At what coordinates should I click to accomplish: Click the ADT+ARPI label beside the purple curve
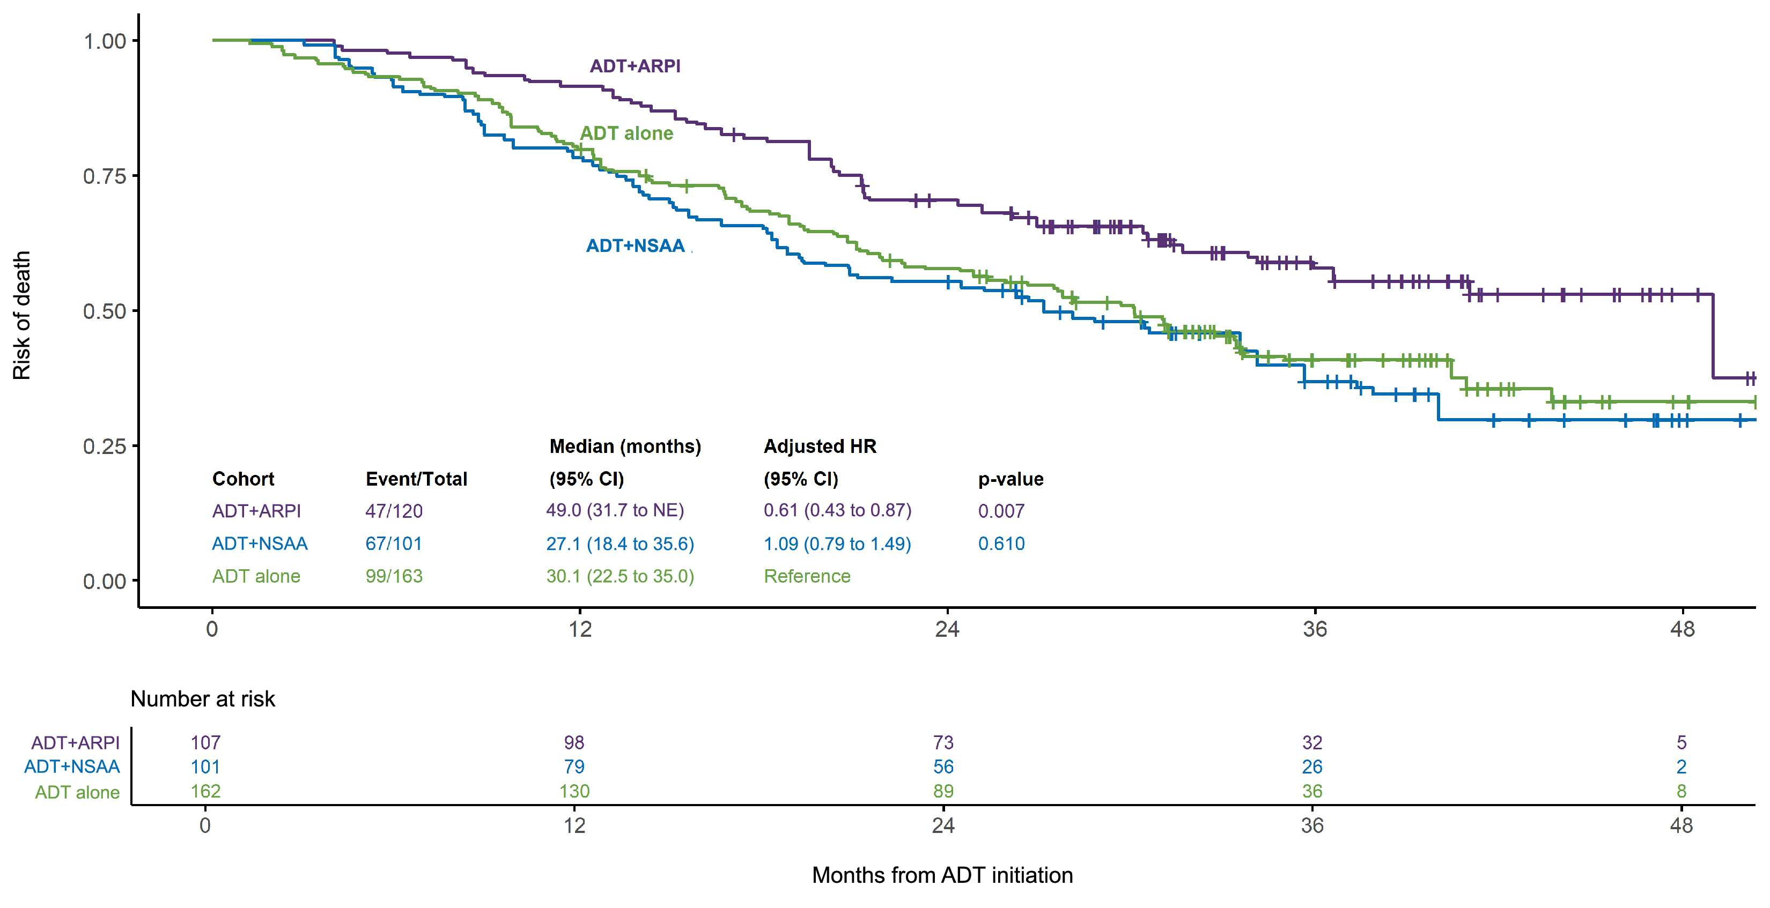[x=635, y=66]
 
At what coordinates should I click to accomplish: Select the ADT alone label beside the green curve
[x=626, y=133]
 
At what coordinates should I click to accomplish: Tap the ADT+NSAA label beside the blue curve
[x=635, y=246]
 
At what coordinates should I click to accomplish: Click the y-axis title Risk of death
[x=22, y=315]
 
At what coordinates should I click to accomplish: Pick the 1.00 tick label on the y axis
[x=105, y=41]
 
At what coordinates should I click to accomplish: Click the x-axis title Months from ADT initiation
[x=942, y=875]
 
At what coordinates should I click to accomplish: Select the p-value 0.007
[x=1001, y=511]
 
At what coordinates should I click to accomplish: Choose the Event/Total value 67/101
[x=394, y=544]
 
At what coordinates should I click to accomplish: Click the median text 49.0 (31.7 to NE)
[x=615, y=510]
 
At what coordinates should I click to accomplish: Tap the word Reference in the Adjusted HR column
[x=807, y=576]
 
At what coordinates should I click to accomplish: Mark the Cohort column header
[x=243, y=479]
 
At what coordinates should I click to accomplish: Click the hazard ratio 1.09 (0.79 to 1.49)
[x=837, y=544]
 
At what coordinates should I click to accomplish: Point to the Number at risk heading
[x=203, y=698]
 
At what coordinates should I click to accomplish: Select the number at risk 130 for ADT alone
[x=574, y=791]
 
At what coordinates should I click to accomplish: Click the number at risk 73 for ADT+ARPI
[x=943, y=742]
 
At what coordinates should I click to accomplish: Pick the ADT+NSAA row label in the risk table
[x=72, y=766]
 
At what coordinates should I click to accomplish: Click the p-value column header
[x=1010, y=479]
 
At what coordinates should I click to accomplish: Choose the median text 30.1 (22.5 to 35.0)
[x=620, y=576]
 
